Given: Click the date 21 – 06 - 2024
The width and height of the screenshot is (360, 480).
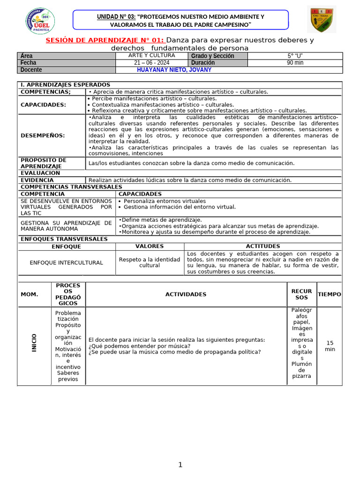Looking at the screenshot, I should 152,63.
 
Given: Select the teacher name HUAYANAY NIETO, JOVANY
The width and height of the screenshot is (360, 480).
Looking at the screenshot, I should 174,70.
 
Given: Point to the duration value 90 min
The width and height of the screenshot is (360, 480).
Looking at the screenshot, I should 295,63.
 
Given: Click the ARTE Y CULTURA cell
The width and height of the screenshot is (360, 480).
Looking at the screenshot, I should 152,56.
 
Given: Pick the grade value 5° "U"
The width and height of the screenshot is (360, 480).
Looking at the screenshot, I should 295,56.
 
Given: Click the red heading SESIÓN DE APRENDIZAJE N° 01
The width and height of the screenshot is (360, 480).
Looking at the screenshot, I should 105,40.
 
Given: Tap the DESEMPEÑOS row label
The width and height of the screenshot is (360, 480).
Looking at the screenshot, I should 43,135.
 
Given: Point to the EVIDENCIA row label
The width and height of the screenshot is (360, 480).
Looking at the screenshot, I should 37,180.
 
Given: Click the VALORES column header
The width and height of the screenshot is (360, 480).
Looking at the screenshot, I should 150,247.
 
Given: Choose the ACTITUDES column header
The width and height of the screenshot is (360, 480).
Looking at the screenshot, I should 263,247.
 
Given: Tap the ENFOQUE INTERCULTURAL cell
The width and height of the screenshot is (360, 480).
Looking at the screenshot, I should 66,262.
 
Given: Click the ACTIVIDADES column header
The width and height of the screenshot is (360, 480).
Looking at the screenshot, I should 186,294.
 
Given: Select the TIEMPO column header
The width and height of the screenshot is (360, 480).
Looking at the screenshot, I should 330,294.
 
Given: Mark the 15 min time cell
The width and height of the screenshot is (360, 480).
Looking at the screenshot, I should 330,346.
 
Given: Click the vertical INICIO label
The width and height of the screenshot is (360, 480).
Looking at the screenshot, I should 34,343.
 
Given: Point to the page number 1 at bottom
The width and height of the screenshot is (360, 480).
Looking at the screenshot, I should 180,465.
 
